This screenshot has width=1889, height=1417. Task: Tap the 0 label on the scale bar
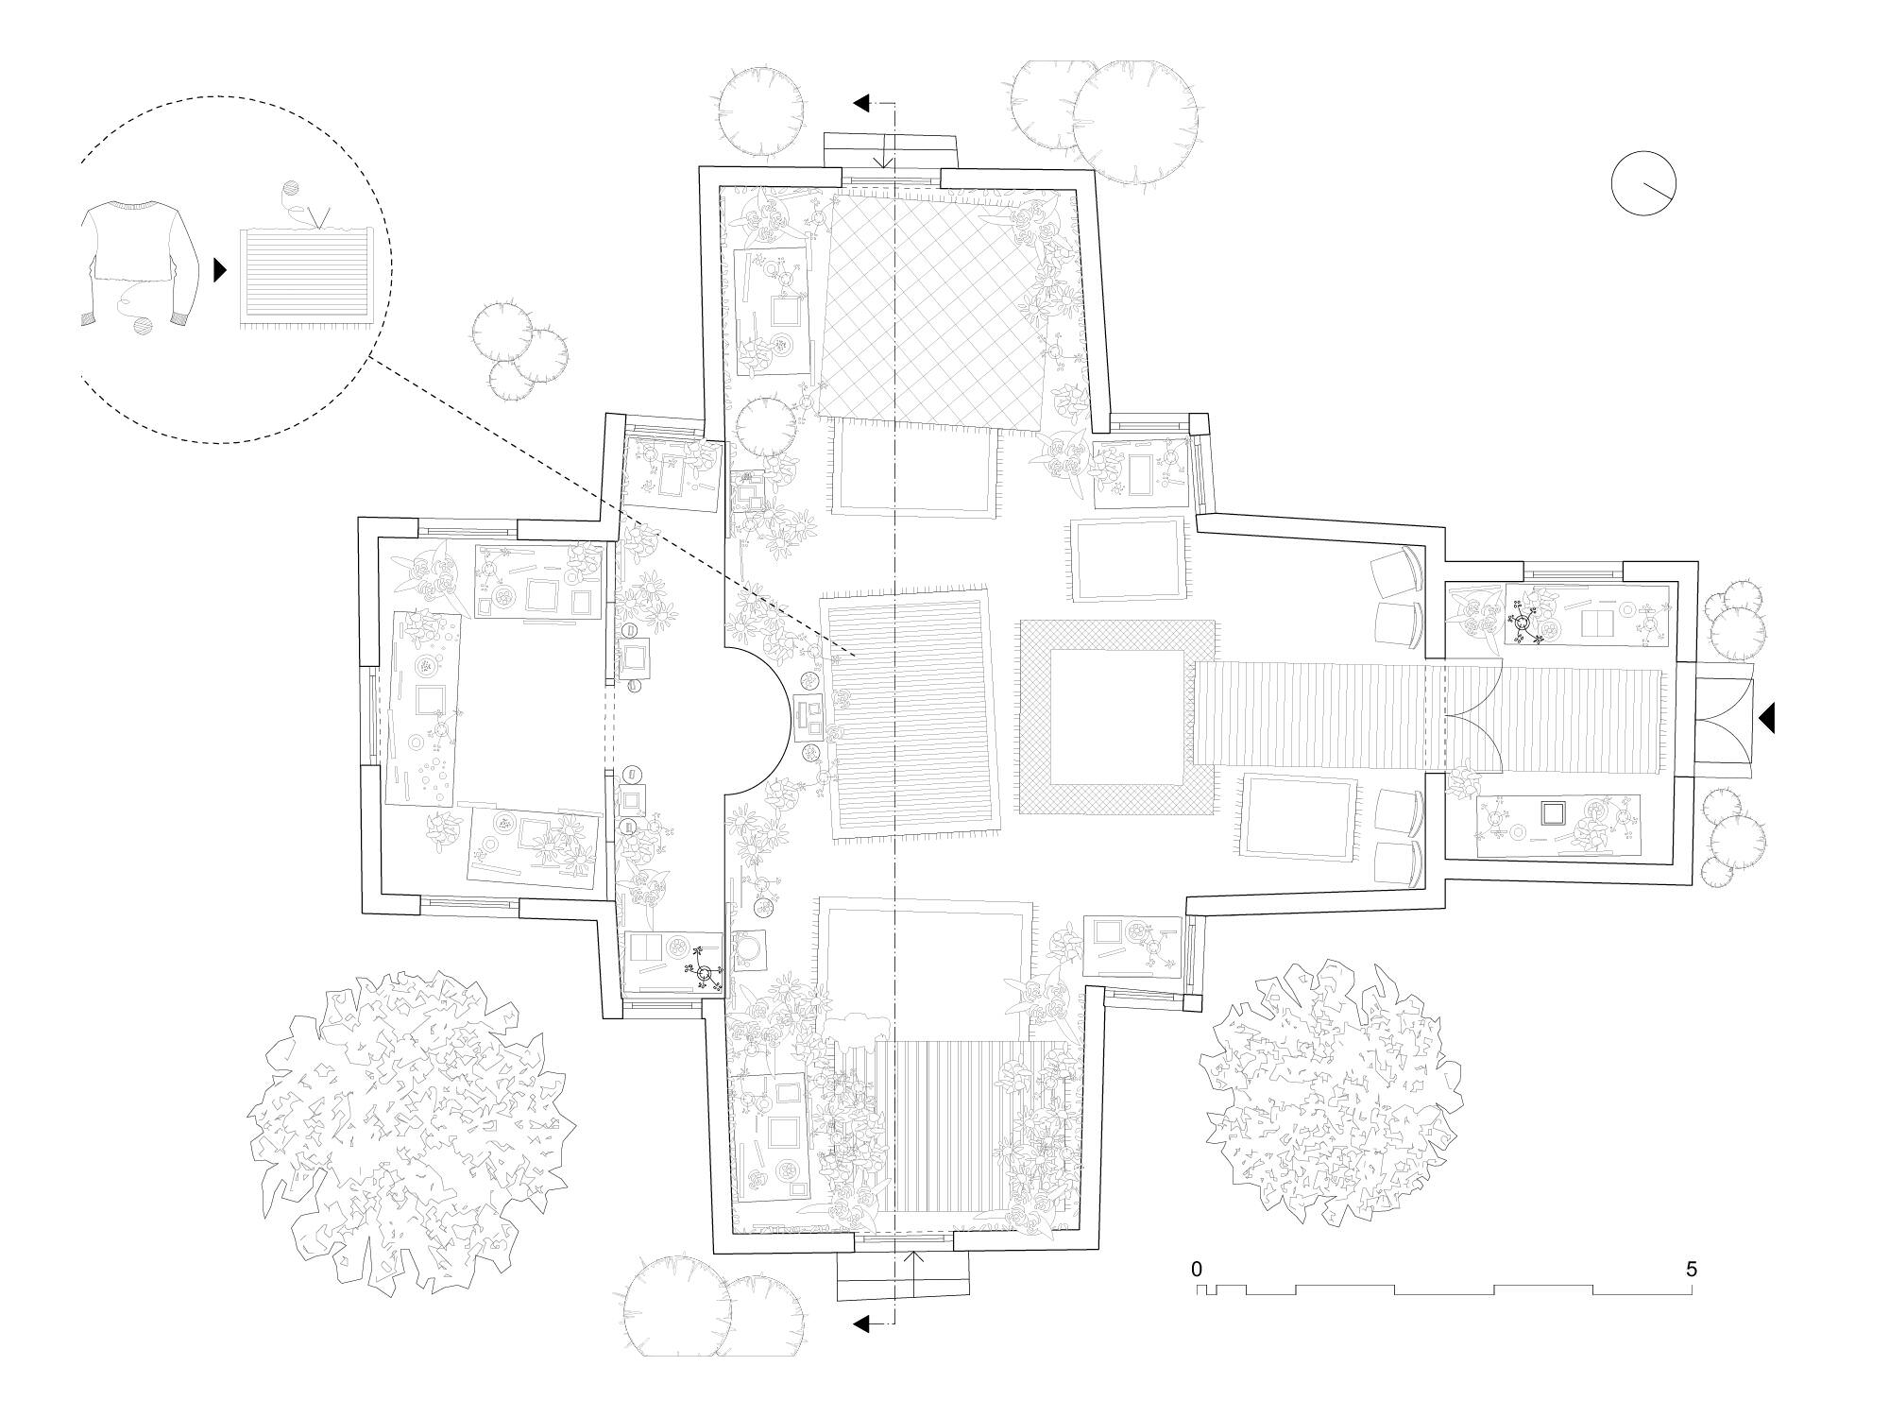click(x=1197, y=1269)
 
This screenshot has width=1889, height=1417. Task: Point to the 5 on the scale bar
click(x=1691, y=1269)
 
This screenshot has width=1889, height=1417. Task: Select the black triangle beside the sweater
click(x=220, y=270)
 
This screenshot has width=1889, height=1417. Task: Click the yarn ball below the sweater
click(x=142, y=326)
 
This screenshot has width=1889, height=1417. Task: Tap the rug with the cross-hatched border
click(x=1117, y=718)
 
